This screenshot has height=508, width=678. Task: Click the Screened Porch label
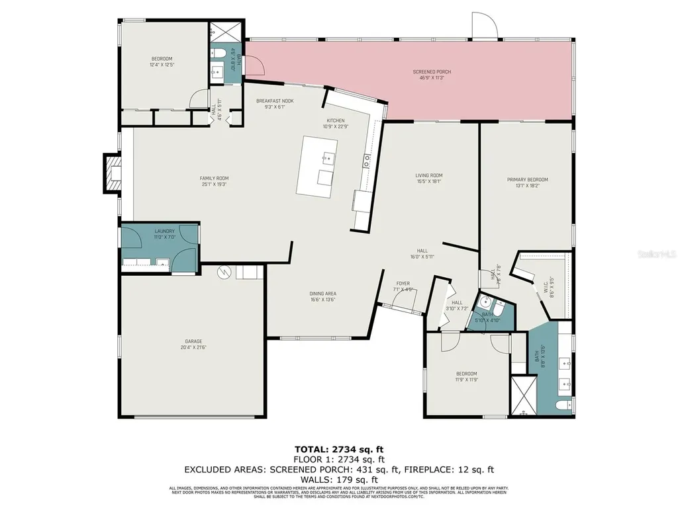(x=432, y=71)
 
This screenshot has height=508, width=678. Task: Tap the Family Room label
(x=214, y=178)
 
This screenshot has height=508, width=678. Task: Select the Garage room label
(x=193, y=341)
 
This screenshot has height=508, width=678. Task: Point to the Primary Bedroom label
(x=527, y=179)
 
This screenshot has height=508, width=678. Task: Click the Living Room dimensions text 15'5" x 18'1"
(x=428, y=181)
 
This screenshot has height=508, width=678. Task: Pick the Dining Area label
(x=322, y=293)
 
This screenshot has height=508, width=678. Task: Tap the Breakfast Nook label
(x=275, y=101)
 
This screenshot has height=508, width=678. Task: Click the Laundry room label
(x=165, y=231)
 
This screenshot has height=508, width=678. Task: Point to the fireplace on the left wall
(x=113, y=174)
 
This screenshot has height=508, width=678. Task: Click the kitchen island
(x=317, y=166)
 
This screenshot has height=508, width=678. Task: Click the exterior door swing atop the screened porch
(x=485, y=25)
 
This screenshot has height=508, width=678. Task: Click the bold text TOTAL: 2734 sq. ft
(x=338, y=448)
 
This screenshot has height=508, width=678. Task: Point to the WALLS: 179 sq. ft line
(x=338, y=480)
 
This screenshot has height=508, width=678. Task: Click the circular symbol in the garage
(x=224, y=272)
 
